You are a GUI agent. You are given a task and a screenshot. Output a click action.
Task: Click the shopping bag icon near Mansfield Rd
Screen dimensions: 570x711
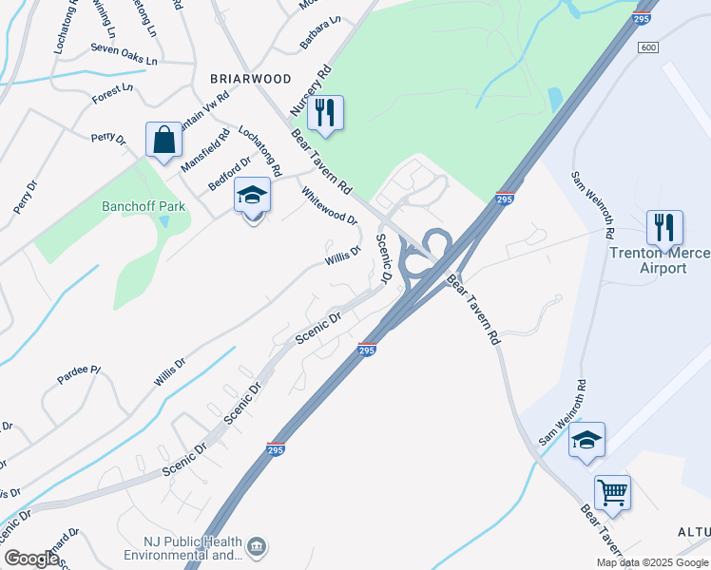point(164,140)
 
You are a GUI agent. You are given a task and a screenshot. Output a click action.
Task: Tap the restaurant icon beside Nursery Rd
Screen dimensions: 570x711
point(326,112)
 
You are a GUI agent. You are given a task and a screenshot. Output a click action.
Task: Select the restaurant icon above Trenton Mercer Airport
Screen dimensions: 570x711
point(663,227)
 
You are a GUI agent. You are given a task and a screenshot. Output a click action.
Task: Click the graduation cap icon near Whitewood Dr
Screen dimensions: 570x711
point(253,195)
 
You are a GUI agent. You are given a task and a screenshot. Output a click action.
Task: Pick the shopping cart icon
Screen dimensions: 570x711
point(612,492)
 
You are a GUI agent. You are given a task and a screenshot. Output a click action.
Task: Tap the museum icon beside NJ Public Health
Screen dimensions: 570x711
point(256,547)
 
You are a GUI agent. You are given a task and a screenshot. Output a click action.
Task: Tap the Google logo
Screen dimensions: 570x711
point(31,559)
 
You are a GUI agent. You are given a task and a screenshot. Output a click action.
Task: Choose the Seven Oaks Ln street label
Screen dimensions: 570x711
point(124,53)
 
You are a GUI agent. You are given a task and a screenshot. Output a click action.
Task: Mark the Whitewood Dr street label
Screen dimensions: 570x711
point(329,205)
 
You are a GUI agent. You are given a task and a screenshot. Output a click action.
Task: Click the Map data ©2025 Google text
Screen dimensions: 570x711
point(652,562)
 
